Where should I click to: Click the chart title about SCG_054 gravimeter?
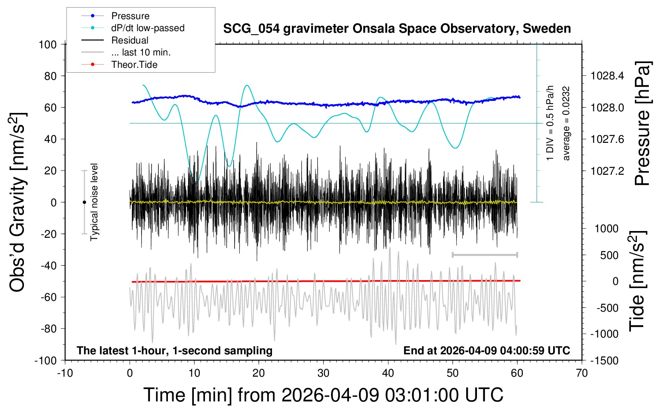click(x=397, y=29)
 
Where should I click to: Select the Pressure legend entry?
click(x=130, y=16)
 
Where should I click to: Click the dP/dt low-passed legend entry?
click(x=148, y=28)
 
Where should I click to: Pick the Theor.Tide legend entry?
click(x=134, y=65)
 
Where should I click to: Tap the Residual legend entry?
click(x=130, y=40)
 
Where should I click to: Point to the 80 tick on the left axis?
click(x=50, y=76)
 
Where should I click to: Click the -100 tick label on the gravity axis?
click(x=46, y=360)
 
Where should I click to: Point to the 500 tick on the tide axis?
click(x=609, y=255)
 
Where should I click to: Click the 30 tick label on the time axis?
click(x=323, y=373)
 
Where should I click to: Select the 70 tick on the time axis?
click(x=582, y=373)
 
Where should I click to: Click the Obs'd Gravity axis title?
click(x=18, y=202)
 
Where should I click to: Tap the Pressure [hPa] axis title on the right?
click(x=642, y=123)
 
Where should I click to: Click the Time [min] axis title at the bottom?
click(x=323, y=395)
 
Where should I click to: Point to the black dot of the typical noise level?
click(x=84, y=202)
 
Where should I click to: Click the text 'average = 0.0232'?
click(x=566, y=123)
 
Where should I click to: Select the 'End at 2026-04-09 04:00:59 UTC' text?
click(x=487, y=350)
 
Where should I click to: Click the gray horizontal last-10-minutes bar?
click(x=485, y=255)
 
